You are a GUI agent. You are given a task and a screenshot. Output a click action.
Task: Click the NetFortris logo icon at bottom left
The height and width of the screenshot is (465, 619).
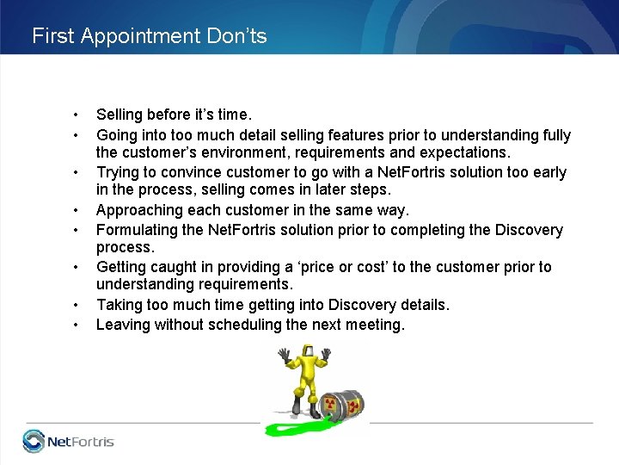point(34,441)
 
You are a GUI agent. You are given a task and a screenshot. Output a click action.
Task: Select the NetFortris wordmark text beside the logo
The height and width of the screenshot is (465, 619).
point(80,442)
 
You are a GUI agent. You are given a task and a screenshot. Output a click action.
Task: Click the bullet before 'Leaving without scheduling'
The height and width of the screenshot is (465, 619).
point(77,325)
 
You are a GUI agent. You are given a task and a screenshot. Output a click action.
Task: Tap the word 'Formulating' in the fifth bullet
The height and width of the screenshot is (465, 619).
point(135,230)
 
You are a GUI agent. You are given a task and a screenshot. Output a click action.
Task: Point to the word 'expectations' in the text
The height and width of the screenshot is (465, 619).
point(467,152)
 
